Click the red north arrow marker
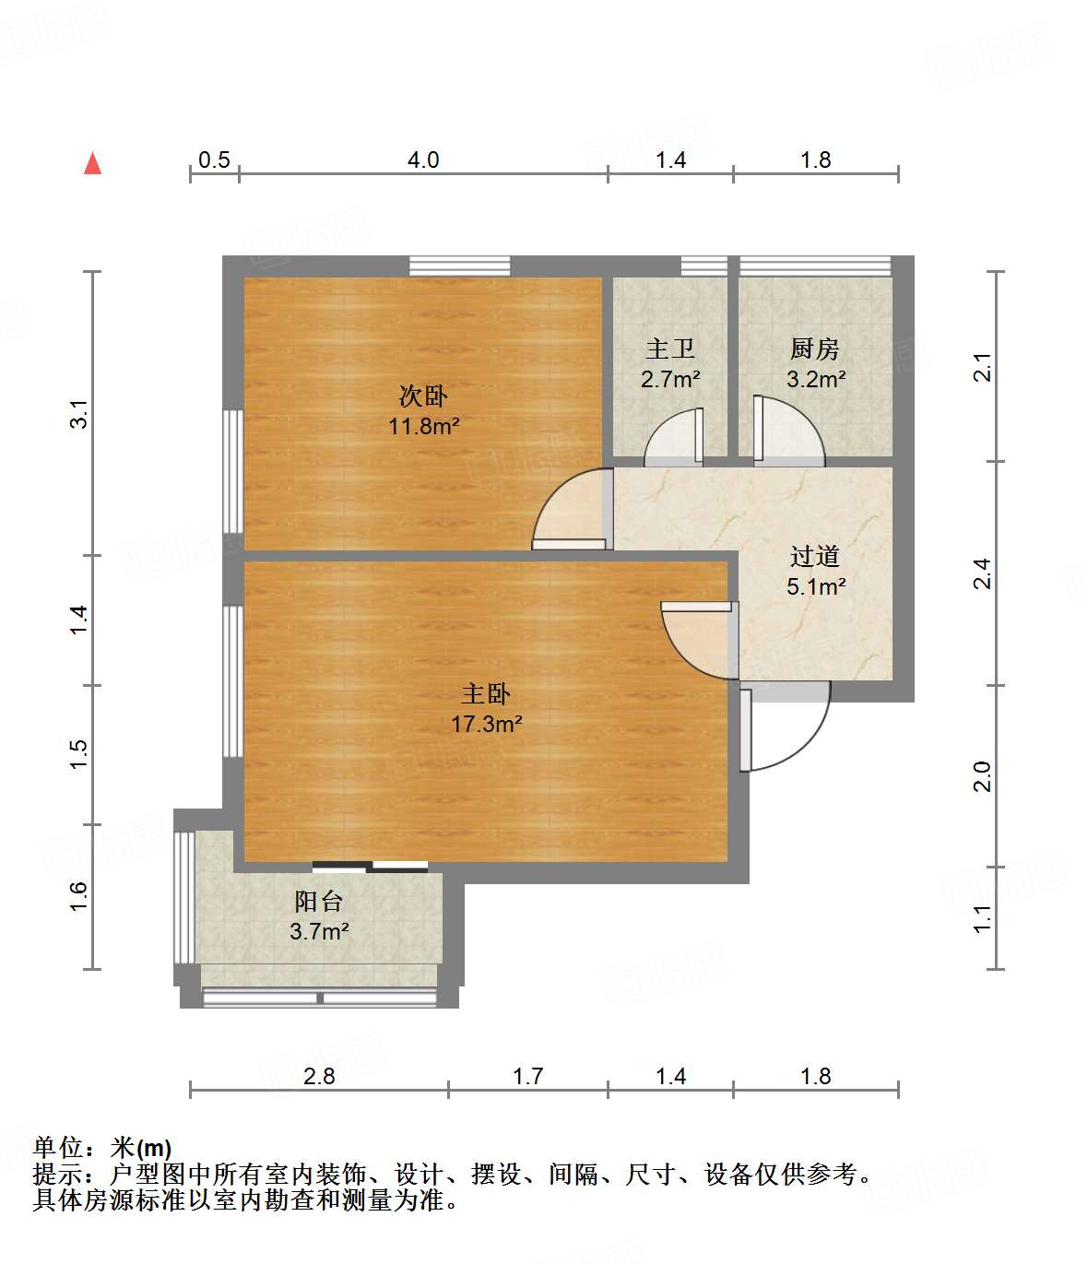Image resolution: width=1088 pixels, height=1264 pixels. pos(92,163)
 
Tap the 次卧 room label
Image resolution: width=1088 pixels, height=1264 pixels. pos(423,396)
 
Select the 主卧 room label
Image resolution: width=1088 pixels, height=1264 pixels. pos(486,693)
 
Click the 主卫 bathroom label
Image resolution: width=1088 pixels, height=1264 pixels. pos(670,348)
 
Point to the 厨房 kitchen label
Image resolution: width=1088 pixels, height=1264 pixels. pos(815,348)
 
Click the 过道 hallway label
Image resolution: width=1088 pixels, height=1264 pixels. pos(815,556)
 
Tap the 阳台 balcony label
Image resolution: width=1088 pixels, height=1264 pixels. pos(319,901)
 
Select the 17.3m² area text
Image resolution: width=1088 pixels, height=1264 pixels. pos(486,725)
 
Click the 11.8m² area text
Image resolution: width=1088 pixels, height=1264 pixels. pos(423,427)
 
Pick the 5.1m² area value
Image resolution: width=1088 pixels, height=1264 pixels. pos(816,586)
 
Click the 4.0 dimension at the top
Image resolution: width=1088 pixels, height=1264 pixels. pos(423,160)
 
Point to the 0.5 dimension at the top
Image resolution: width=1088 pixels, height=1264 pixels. pos(214,160)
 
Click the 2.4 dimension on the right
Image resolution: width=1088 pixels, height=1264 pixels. pos(983,573)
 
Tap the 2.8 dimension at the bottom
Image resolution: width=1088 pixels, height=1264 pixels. pos(319,1076)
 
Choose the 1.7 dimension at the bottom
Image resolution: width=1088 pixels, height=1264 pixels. pos(527,1076)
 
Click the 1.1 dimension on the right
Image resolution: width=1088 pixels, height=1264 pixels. pos(983,918)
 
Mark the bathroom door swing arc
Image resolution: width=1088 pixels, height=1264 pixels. pos(673,437)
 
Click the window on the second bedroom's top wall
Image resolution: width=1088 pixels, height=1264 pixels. pos(459,266)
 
